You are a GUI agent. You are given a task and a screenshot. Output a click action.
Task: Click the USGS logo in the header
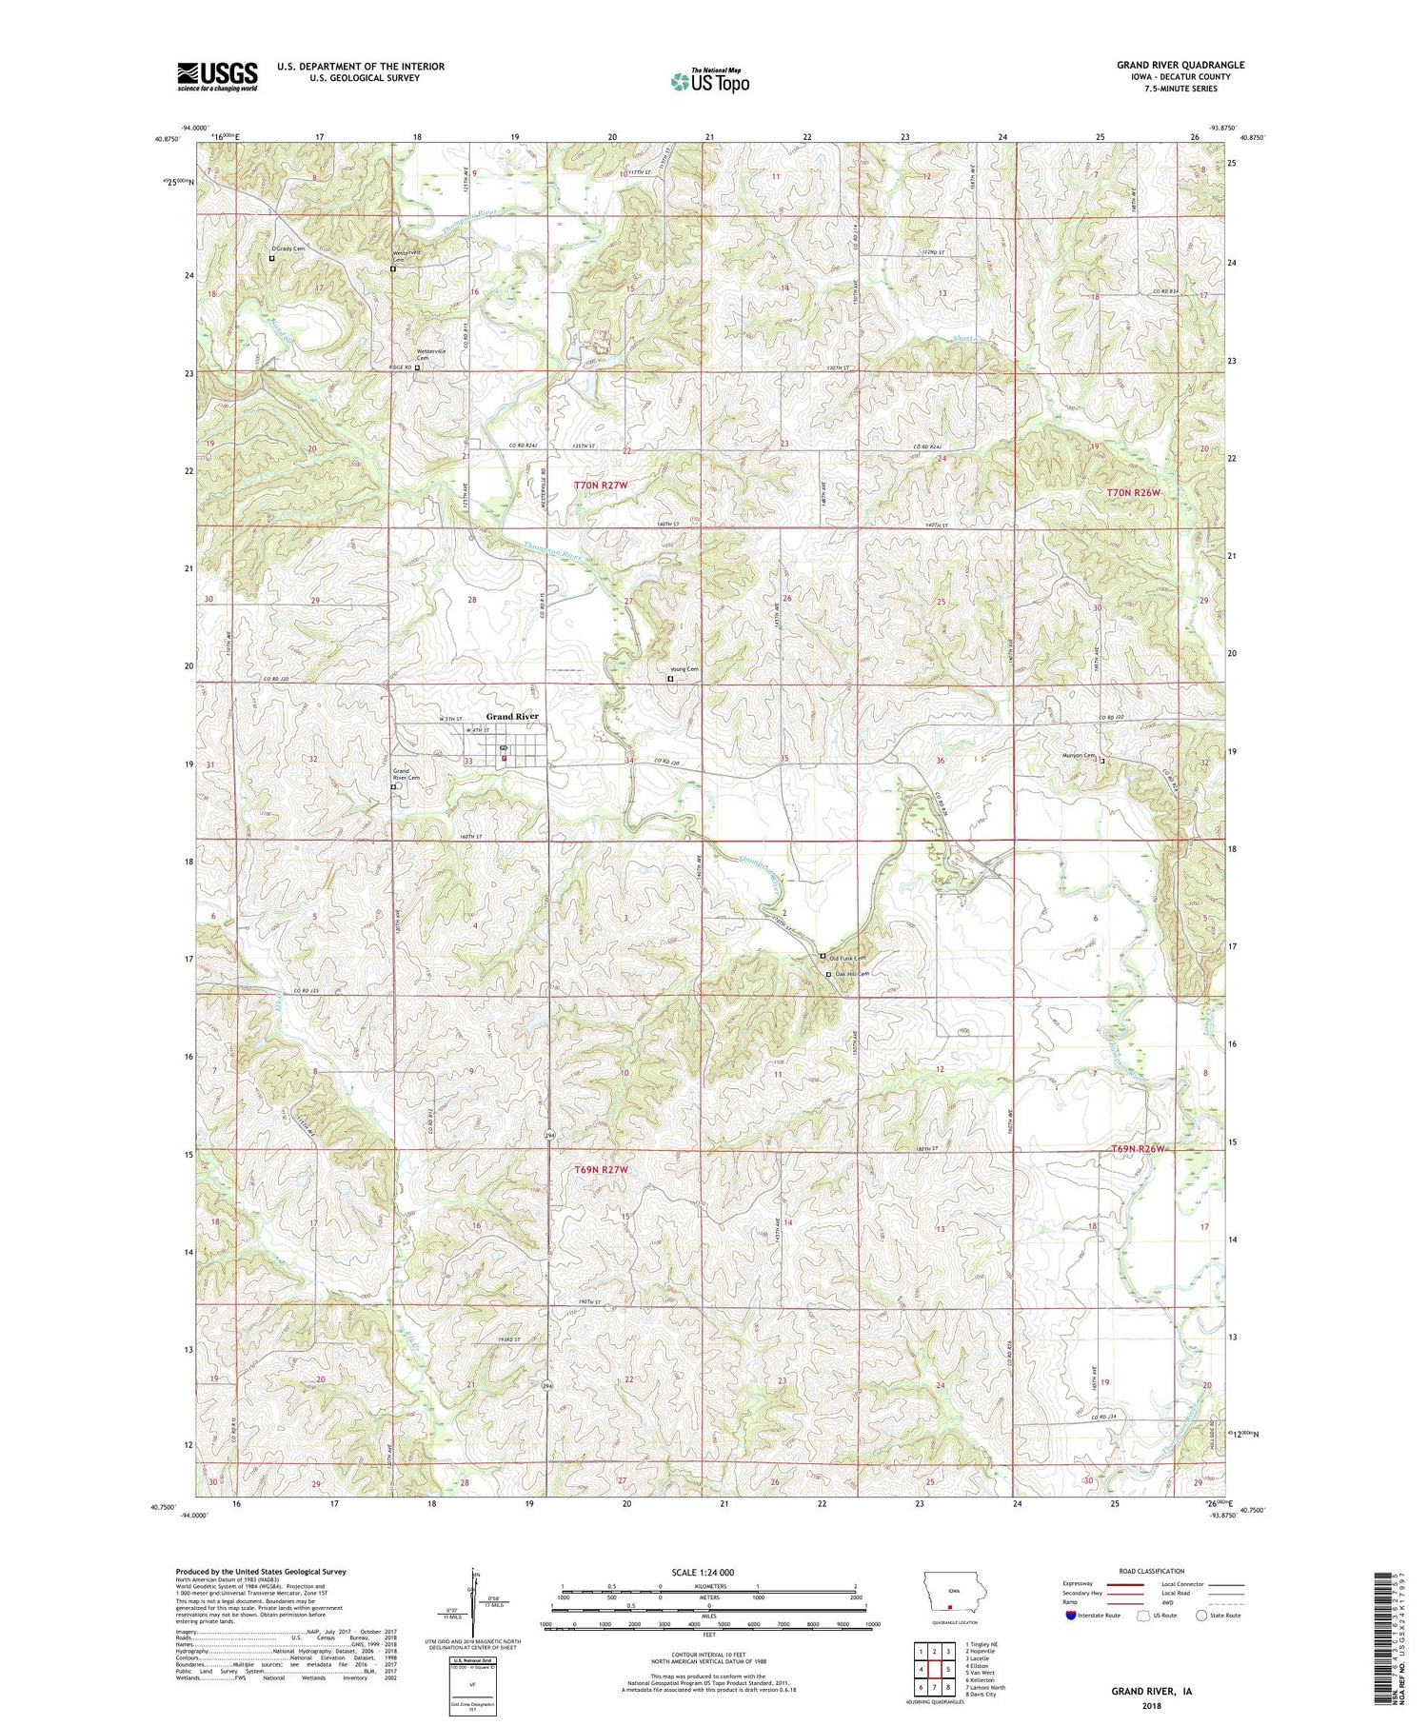pos(217,76)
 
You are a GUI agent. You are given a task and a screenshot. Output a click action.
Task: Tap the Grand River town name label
pos(512,716)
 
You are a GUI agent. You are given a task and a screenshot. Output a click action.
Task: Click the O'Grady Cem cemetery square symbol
pos(271,258)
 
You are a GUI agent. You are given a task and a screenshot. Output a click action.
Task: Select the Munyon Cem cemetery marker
pos(1102,761)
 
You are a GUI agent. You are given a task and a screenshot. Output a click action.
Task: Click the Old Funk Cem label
pos(847,958)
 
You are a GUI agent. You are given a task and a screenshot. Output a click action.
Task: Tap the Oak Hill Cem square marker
pos(828,975)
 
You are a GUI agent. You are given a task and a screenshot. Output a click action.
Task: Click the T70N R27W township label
pos(602,486)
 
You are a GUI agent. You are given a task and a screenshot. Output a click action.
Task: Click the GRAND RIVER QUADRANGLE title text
pos(1180,65)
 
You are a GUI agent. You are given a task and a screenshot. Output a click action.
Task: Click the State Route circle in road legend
pos(1201,1616)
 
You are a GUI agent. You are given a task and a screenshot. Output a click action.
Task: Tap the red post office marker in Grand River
pos(504,759)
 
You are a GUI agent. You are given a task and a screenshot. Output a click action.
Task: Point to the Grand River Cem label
pos(407,774)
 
